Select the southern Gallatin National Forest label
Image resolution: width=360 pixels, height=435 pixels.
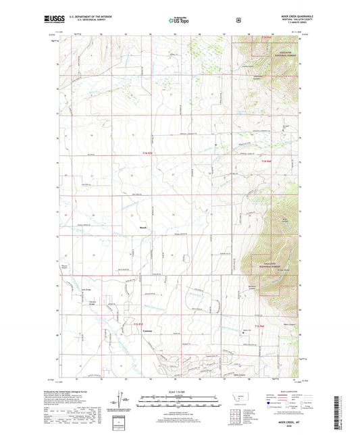pos(265,265)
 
